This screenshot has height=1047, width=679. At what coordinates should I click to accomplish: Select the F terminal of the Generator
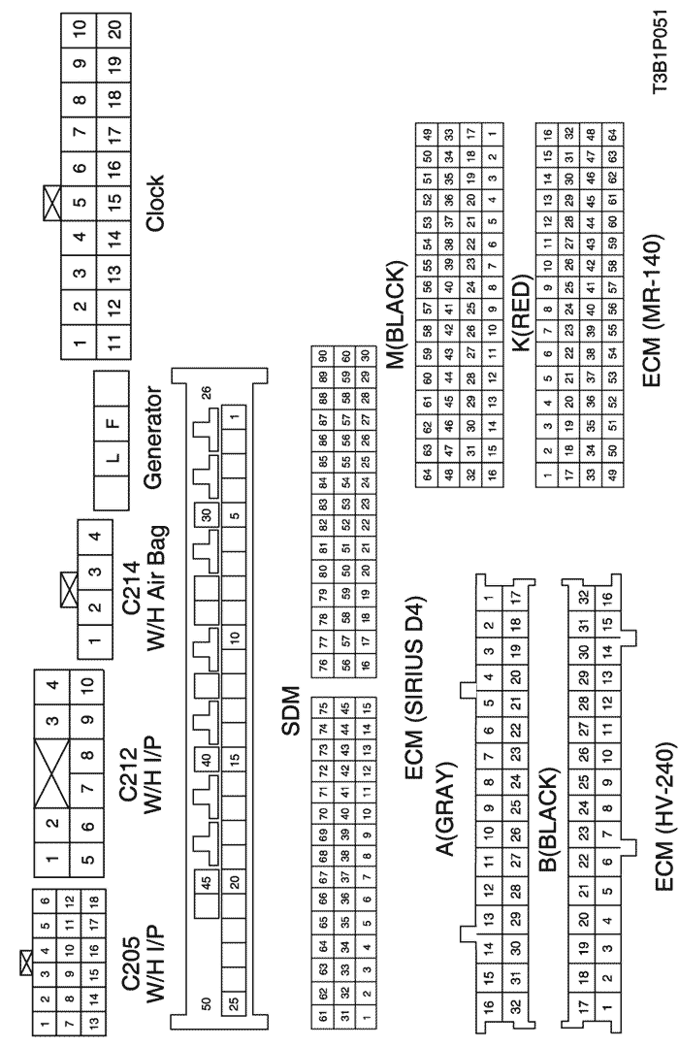tap(113, 422)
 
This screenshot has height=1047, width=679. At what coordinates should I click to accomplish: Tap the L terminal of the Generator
tap(113, 457)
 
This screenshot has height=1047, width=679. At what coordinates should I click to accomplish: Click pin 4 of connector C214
tap(95, 536)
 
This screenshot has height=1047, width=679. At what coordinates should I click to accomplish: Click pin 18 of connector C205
tap(93, 900)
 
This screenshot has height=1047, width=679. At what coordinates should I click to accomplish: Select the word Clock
tap(154, 203)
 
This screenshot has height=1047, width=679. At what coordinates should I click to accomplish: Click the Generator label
tap(153, 438)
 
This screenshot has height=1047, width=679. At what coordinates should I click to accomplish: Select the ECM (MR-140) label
tap(652, 310)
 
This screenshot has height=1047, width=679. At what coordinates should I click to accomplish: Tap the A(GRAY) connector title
tap(444, 808)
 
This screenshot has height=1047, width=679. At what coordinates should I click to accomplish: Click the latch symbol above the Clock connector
tap(51, 199)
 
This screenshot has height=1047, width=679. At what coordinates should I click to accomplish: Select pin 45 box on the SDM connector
tap(207, 882)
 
